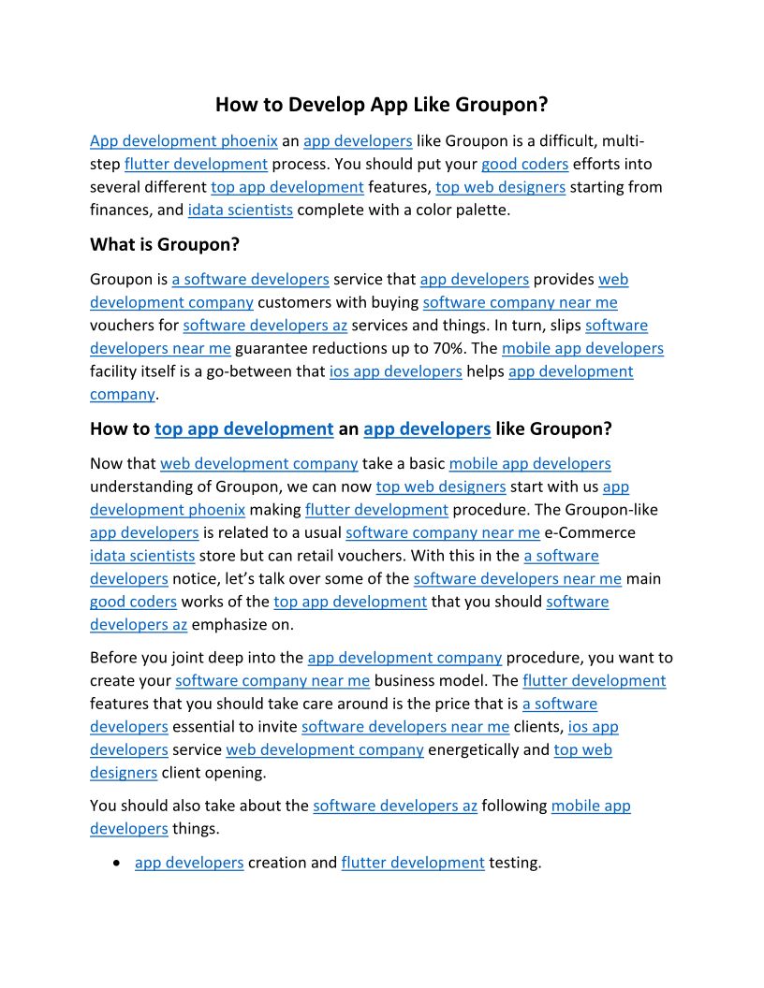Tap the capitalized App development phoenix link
(x=184, y=141)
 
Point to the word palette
(x=477, y=210)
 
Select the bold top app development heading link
(x=243, y=429)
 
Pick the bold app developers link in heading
(x=427, y=429)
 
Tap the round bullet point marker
(x=115, y=863)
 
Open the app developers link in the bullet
(x=189, y=863)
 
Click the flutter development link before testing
(x=413, y=863)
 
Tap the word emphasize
(x=232, y=624)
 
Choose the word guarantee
(x=274, y=348)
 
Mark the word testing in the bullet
(x=515, y=863)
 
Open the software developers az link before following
(x=395, y=806)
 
